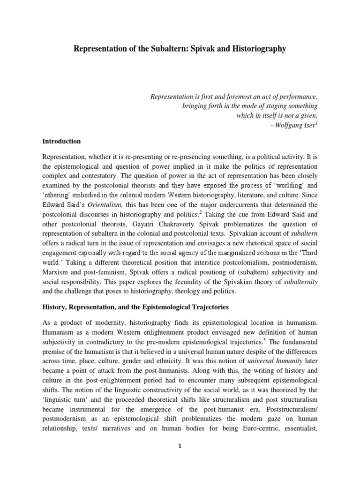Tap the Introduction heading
pyautogui.click(x=61, y=141)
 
